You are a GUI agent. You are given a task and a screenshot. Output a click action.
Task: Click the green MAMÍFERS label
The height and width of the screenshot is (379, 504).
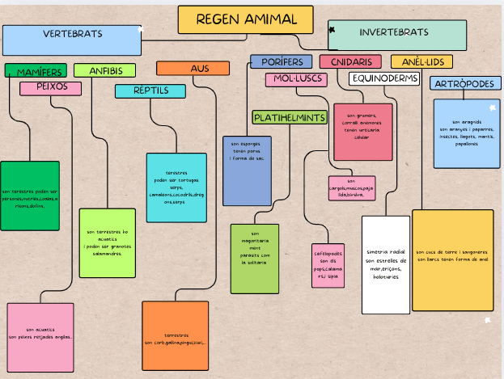[36, 72]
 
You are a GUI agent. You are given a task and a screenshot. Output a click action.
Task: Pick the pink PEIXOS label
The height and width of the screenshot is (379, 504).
[50, 87]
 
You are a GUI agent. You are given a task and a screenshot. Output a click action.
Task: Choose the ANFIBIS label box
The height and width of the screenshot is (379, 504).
[104, 70]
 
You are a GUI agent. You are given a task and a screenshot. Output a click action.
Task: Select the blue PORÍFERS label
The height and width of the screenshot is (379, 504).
[281, 62]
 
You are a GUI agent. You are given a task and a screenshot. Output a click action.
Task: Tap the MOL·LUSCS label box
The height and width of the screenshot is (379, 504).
[295, 79]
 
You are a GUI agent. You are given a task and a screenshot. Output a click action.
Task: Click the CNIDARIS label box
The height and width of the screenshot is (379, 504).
[350, 62]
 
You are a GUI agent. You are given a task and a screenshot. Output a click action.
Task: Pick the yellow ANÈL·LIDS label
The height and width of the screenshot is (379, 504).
[421, 62]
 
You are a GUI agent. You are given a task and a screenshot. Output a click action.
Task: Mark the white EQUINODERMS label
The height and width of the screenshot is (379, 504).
[384, 78]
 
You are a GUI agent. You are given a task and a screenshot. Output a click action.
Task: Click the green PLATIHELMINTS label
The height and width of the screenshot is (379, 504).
[289, 118]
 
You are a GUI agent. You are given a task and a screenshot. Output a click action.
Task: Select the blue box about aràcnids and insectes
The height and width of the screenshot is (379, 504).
[466, 133]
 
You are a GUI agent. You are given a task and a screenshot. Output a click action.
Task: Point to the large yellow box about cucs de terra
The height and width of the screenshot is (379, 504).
[452, 259]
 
